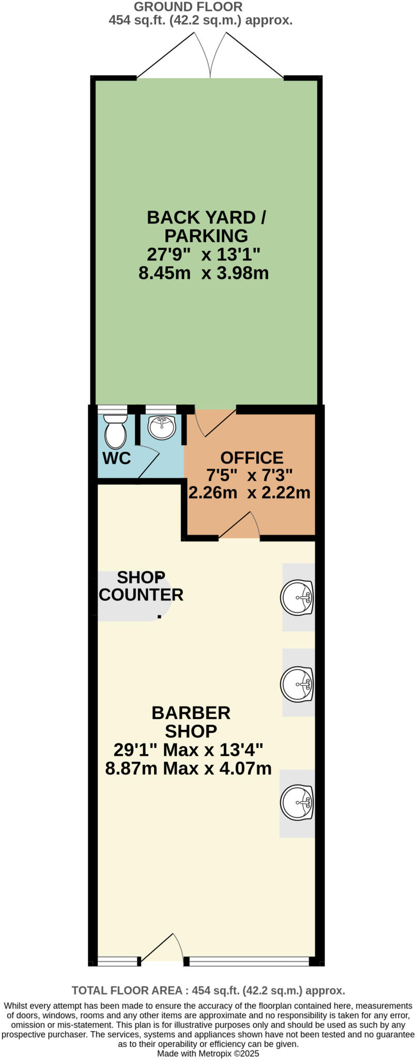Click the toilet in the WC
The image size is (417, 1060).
115,433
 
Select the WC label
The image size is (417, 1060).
117,458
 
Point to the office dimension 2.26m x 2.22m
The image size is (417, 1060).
249,492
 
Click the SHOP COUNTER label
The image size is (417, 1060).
141,586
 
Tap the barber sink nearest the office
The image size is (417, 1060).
298,597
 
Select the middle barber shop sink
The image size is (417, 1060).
298,683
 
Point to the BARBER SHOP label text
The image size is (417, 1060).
191,722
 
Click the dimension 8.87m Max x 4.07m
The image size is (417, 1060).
188,769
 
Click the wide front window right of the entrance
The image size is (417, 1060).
249,962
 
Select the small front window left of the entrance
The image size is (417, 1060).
118,962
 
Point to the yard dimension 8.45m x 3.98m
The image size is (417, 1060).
204,273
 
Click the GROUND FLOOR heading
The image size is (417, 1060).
188,7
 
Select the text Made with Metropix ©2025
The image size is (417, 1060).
208,1053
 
